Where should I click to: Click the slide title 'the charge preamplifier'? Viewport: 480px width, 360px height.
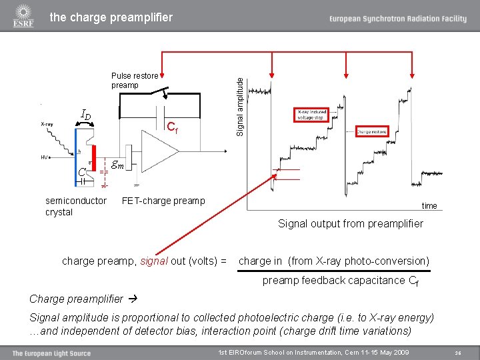coord(111,17)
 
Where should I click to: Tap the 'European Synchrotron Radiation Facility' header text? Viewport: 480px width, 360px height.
coord(397,19)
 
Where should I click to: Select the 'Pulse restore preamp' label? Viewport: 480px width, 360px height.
coord(134,81)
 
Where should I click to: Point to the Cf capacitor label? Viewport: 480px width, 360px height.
coord(171,126)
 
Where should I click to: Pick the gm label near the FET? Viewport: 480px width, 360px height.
coord(119,165)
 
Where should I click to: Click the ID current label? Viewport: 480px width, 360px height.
coord(86,115)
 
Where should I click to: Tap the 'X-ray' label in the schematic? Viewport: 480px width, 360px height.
coord(47,124)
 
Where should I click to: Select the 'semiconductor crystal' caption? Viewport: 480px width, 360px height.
coord(75,207)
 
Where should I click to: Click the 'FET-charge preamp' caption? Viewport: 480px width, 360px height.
coord(163,201)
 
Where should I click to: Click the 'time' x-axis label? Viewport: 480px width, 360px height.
coord(429,205)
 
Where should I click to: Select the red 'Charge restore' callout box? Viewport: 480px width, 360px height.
coord(372,132)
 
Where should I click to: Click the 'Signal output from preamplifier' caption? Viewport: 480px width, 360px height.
coord(350,223)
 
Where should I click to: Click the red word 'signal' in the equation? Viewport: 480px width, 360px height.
coord(155,261)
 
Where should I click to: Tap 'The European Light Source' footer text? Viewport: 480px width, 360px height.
coord(51,353)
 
